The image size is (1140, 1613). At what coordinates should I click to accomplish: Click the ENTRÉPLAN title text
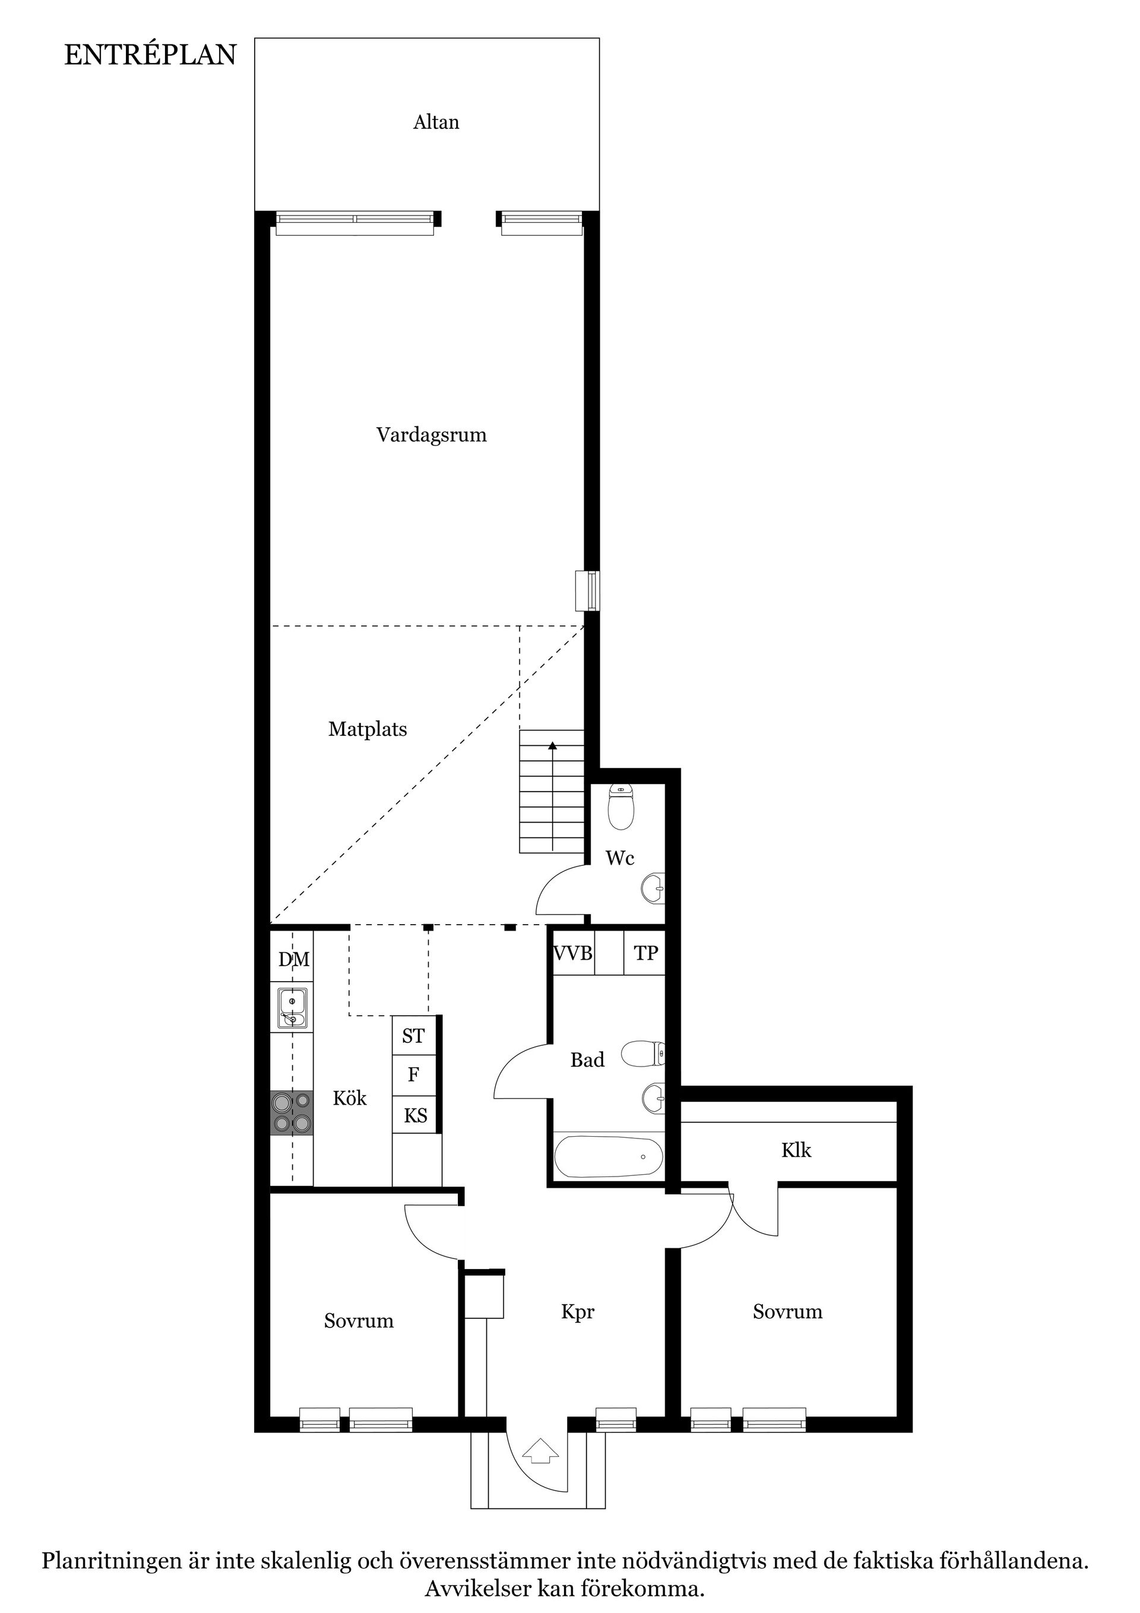(150, 55)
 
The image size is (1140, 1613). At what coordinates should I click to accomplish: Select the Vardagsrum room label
(430, 435)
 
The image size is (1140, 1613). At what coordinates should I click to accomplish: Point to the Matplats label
(368, 729)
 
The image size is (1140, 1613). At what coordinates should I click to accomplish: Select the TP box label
(645, 953)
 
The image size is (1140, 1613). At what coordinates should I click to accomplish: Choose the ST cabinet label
(413, 1036)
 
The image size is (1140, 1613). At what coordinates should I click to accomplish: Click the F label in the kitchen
(414, 1075)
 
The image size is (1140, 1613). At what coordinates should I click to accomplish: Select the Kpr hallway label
(577, 1312)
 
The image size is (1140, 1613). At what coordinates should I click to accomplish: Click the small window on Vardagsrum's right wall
(587, 591)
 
